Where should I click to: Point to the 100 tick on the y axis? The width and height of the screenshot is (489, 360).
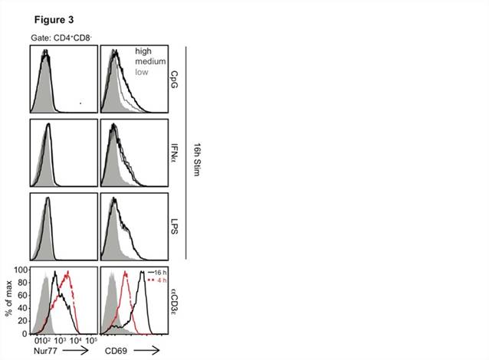pyautogui.click(x=23, y=270)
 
